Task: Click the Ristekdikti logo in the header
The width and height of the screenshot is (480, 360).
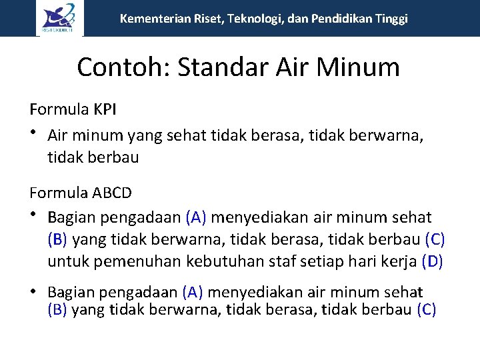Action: click(60, 18)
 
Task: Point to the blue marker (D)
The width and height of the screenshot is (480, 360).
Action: click(433, 261)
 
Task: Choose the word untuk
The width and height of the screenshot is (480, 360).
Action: click(69, 261)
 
